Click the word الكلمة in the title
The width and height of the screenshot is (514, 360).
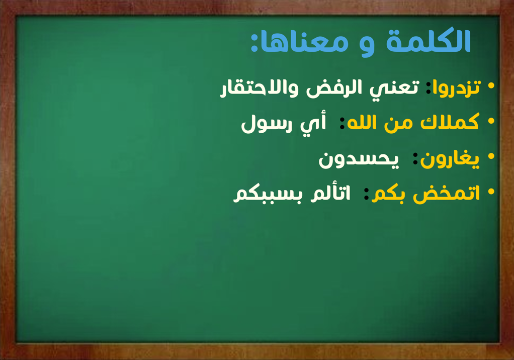429,41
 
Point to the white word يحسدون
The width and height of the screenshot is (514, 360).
359,159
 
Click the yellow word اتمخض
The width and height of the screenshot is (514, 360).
447,194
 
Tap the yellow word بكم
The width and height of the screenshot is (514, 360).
388,194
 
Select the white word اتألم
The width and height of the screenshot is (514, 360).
330,193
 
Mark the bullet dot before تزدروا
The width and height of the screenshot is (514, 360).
491,86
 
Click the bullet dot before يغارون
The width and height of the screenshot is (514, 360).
491,156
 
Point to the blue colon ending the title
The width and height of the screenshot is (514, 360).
253,42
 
